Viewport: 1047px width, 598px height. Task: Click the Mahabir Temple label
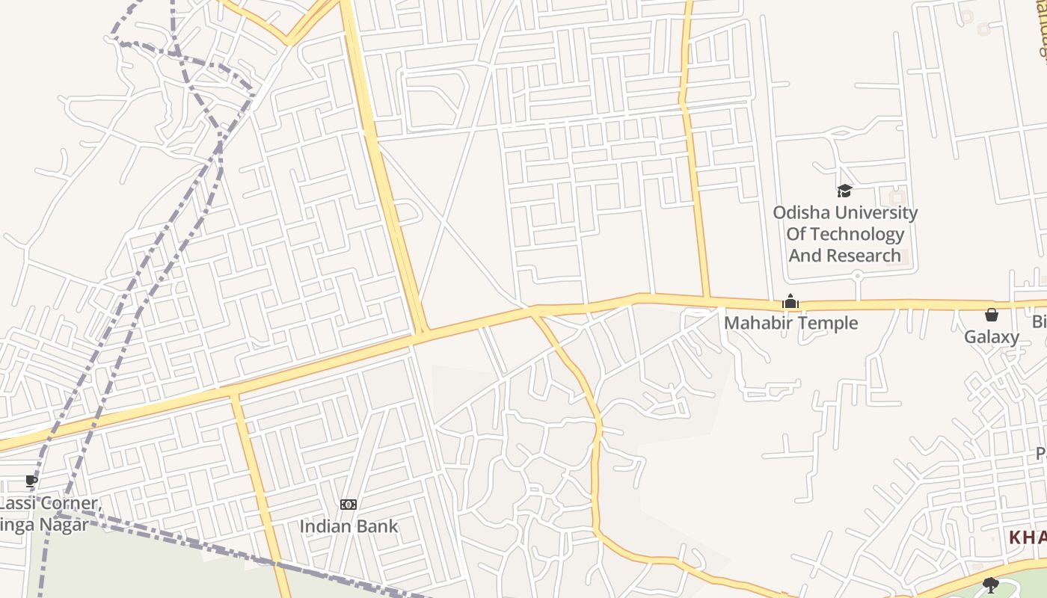click(x=790, y=323)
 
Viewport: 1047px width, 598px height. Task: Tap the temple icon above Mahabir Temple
click(x=790, y=302)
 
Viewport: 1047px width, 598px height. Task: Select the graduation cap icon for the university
click(x=844, y=191)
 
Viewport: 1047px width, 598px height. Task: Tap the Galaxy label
click(x=991, y=337)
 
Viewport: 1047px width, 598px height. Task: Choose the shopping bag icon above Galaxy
click(x=992, y=315)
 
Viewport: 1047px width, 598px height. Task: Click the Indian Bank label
click(x=349, y=526)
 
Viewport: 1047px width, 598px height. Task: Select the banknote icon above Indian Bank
click(x=349, y=505)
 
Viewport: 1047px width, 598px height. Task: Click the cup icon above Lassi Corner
click(x=31, y=481)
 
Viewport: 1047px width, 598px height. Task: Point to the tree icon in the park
click(x=991, y=585)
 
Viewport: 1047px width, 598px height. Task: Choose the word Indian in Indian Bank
click(x=325, y=526)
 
